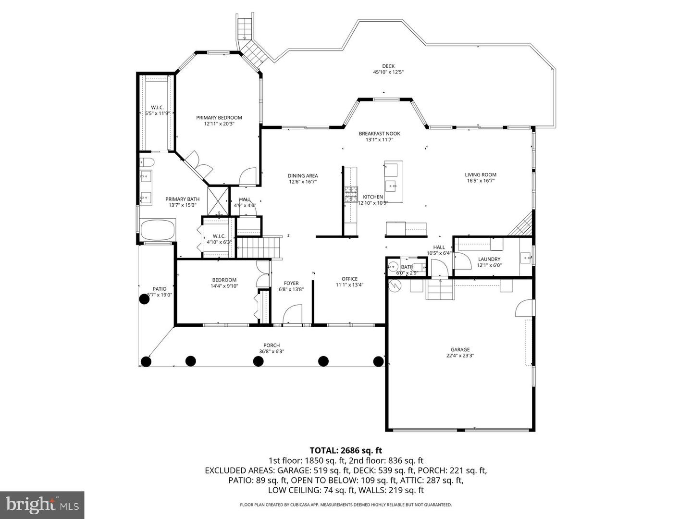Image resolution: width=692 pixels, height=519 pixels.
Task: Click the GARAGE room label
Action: point(460,349)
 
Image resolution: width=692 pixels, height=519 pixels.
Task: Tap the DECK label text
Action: point(388,66)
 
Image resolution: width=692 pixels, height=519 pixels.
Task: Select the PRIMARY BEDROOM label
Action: point(219,118)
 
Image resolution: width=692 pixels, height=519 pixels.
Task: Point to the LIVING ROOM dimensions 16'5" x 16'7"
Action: point(481,181)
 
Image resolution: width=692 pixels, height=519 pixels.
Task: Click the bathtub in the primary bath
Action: point(158,230)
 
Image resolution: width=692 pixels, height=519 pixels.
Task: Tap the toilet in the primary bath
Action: point(147,162)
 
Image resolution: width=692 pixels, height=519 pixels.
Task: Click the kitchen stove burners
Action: point(351,194)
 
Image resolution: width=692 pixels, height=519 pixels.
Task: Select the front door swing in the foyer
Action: point(293,314)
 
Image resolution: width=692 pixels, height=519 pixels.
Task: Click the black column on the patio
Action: point(144,299)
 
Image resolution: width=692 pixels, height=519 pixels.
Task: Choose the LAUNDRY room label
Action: point(489,259)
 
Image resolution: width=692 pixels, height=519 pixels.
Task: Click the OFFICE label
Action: point(349,279)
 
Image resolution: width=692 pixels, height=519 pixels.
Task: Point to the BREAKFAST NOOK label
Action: point(379,134)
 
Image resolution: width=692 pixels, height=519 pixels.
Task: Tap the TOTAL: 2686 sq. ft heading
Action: point(346,450)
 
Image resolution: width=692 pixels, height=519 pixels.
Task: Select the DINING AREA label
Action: point(303,176)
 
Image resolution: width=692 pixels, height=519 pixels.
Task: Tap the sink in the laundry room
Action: point(526,257)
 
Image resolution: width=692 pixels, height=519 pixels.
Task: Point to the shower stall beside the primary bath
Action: point(218,201)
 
